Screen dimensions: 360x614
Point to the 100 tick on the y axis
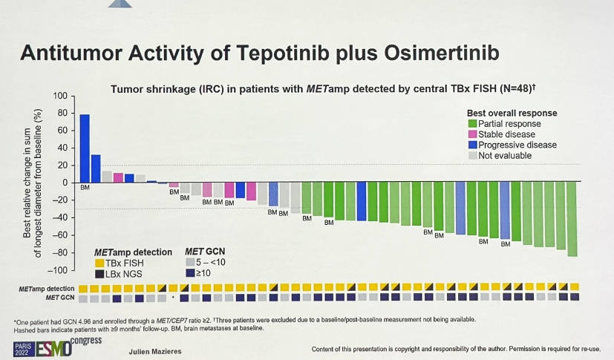pyautogui.click(x=61, y=96)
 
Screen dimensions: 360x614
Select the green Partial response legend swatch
pyautogui.click(x=472, y=123)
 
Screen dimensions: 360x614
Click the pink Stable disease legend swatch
pyautogui.click(x=472, y=134)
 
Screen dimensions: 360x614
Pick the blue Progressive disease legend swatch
pyautogui.click(x=472, y=145)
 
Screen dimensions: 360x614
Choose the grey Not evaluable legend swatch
pyautogui.click(x=472, y=156)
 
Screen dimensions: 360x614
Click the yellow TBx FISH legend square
pyautogui.click(x=99, y=263)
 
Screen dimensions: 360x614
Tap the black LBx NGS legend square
pyautogui.click(x=99, y=274)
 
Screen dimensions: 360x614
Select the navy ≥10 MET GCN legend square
pyautogui.click(x=190, y=274)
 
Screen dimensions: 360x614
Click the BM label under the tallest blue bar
pyautogui.click(x=85, y=188)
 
